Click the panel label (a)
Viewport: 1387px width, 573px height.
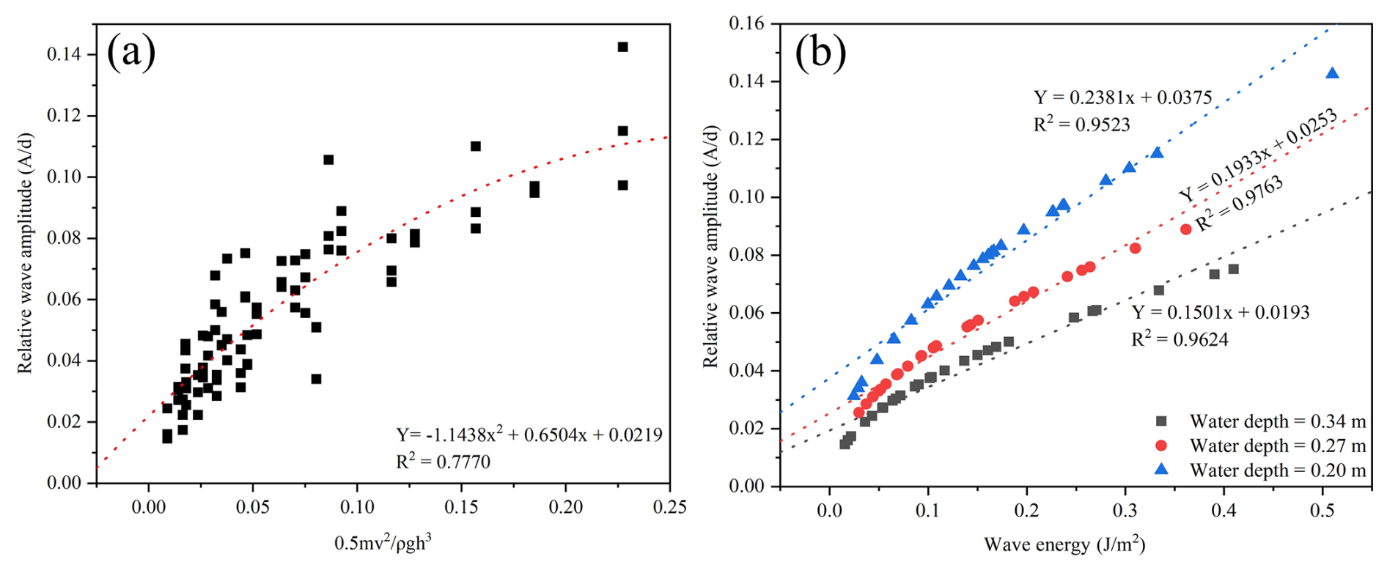click(131, 53)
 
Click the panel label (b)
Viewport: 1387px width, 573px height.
click(820, 53)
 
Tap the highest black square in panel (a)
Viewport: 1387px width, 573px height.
click(622, 47)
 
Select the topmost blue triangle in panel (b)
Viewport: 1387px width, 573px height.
click(1332, 73)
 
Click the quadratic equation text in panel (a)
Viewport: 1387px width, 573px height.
click(529, 435)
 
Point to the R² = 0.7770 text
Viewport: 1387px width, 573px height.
click(443, 462)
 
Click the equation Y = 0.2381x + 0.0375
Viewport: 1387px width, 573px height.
click(1122, 97)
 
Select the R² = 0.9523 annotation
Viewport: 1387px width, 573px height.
click(1081, 125)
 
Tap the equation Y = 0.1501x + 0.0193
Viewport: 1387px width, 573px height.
click(1221, 312)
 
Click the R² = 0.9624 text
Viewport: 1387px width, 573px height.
click(1180, 339)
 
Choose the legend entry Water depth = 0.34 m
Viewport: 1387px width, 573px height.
click(1278, 421)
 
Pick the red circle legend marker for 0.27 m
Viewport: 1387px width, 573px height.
click(1160, 446)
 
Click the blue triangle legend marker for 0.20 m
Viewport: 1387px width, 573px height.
click(1160, 470)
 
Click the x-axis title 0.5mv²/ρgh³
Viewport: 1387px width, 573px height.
click(383, 543)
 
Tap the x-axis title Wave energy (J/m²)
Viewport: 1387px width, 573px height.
click(1064, 544)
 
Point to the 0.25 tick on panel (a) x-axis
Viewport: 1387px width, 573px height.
click(670, 507)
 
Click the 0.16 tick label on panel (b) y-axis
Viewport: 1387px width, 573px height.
click(746, 24)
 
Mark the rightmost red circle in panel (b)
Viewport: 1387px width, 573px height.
click(1185, 229)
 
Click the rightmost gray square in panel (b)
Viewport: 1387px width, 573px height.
click(1233, 269)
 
